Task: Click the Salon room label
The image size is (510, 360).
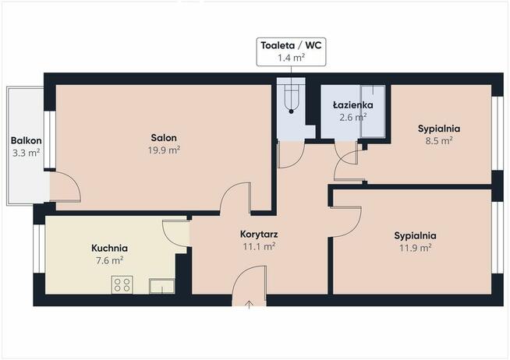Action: [164, 137]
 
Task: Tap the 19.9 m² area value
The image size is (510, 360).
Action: [164, 150]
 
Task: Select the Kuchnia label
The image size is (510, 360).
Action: [109, 249]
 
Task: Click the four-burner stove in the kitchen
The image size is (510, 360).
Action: [122, 284]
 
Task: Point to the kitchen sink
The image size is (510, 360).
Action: [162, 286]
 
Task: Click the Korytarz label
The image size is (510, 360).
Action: [259, 234]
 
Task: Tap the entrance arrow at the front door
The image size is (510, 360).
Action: [249, 304]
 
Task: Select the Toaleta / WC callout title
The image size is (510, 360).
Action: [291, 45]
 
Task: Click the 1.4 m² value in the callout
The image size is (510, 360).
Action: [291, 58]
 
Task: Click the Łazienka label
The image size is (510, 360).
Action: [353, 105]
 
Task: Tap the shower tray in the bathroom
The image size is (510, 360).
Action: [373, 111]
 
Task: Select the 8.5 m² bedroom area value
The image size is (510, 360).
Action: [439, 141]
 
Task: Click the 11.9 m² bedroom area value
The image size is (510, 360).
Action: [416, 248]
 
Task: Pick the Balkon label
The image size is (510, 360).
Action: [26, 140]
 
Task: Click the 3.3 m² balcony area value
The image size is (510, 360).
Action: [26, 153]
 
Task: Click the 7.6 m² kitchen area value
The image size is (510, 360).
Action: [109, 260]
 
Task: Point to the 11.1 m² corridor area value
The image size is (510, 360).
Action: [259, 246]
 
